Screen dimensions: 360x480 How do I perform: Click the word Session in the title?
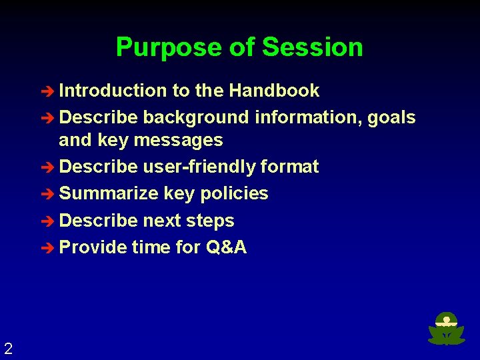312,48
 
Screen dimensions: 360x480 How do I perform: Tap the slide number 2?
8,348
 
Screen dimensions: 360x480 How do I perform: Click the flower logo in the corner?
446,329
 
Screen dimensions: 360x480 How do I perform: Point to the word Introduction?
113,91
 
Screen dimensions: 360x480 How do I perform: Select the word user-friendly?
199,167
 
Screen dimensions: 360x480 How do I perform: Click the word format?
290,167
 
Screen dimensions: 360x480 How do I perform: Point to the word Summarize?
109,194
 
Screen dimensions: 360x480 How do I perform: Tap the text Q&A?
227,247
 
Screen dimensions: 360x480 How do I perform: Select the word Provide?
93,247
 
